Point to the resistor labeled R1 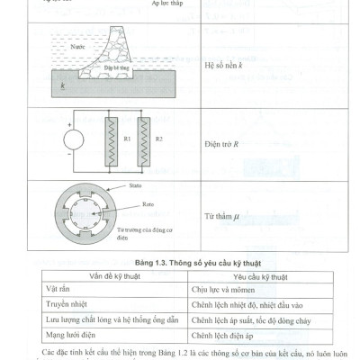pyautogui.click(x=109, y=142)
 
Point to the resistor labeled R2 pyautogui.click(x=140, y=142)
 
